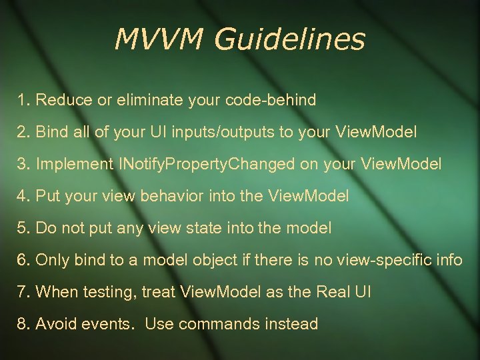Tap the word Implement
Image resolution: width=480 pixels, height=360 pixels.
[74, 165]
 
